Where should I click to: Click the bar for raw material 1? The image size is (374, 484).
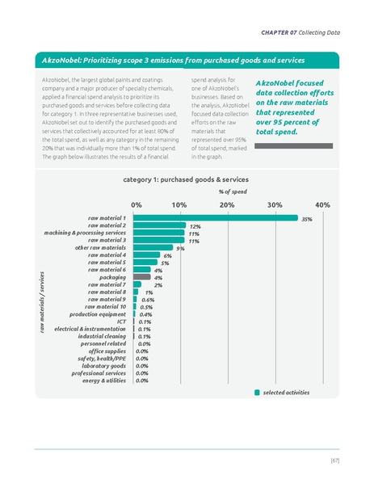[x=214, y=217]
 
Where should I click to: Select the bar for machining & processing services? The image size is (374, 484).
[x=158, y=233]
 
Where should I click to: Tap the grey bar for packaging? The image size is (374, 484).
[x=142, y=277]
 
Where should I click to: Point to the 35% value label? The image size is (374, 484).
[x=306, y=218]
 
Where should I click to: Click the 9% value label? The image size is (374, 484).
[x=181, y=248]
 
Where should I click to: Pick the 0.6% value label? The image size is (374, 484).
[x=148, y=300]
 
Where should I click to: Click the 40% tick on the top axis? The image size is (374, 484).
[x=322, y=205]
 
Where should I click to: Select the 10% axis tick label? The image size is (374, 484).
[x=180, y=205]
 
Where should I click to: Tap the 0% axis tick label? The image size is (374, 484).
[x=136, y=205]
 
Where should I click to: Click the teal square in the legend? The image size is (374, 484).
[x=257, y=393]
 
